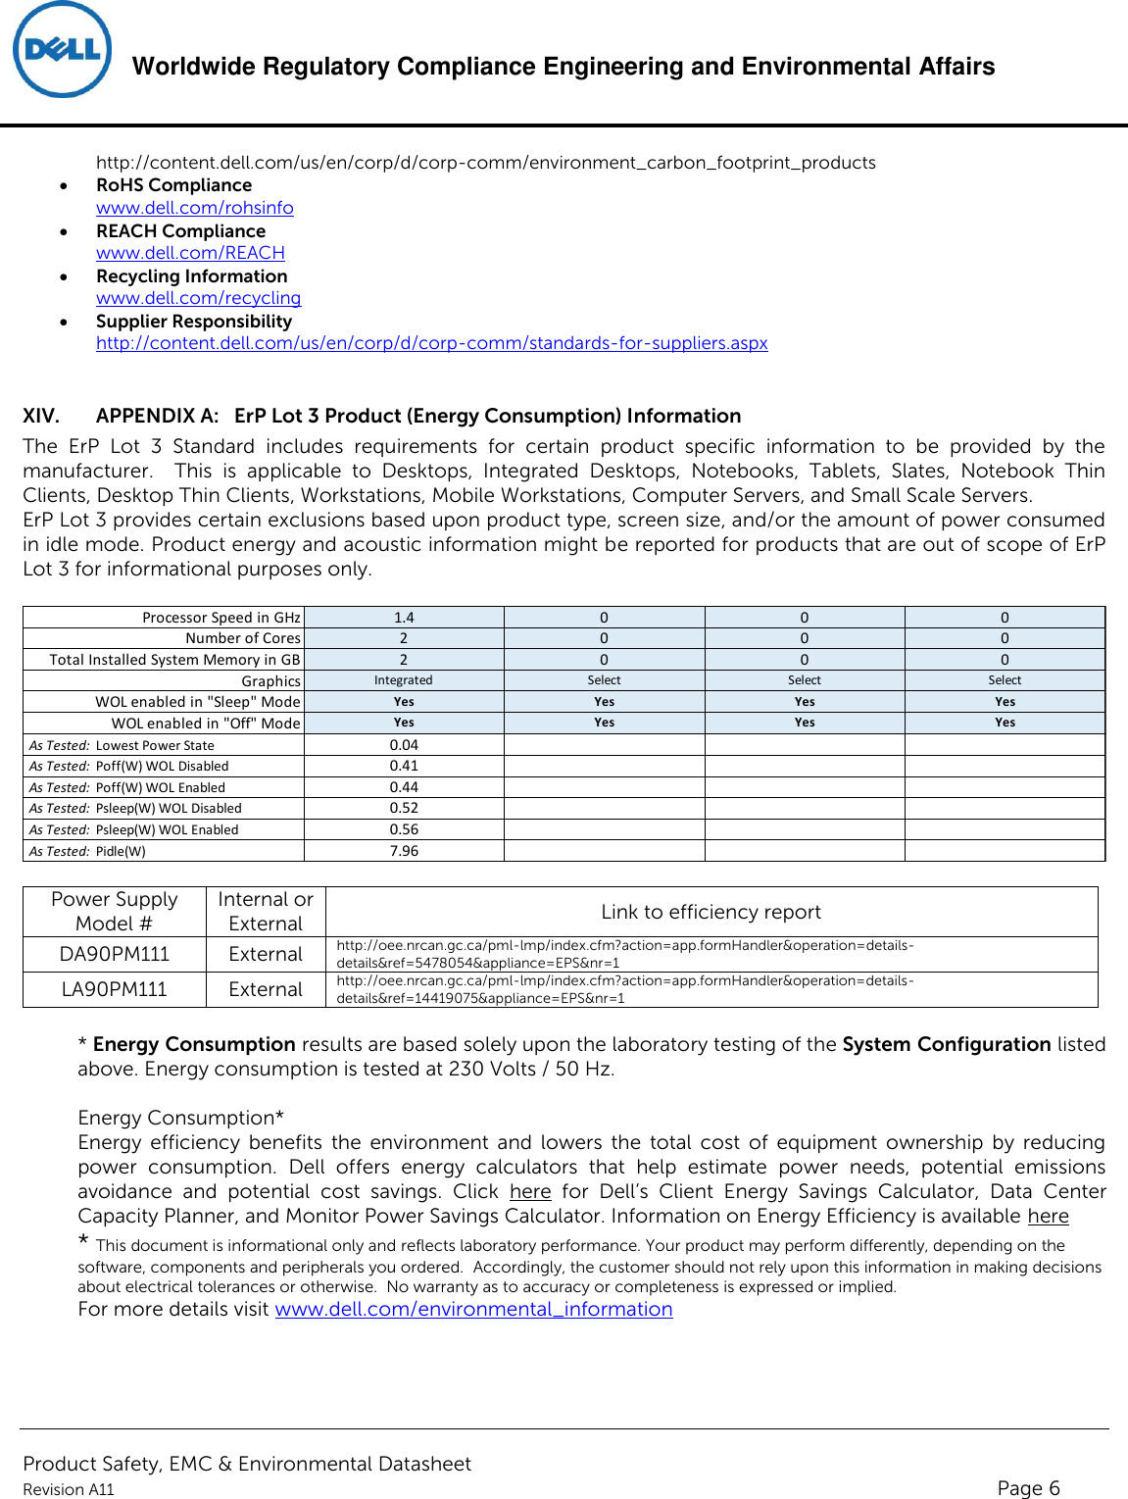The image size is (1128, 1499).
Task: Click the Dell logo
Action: [62, 50]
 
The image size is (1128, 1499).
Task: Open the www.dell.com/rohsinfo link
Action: [194, 208]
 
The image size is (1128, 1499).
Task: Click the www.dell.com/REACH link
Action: [190, 253]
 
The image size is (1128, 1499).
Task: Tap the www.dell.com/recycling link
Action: [198, 298]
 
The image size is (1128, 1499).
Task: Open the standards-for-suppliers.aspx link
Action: [431, 343]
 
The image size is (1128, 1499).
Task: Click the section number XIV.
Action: [41, 416]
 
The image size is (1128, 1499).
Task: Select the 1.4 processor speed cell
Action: [404, 618]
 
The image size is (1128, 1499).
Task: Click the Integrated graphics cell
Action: [403, 680]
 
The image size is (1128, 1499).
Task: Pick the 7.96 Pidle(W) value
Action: [404, 851]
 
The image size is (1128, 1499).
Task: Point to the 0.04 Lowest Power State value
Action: [404, 745]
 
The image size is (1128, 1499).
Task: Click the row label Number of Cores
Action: [243, 638]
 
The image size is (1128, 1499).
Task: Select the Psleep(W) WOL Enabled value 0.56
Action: [404, 829]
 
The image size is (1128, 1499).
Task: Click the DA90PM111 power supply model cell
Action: [114, 954]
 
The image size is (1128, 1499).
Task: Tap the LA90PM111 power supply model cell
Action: [114, 989]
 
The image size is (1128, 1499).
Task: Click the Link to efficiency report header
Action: [711, 912]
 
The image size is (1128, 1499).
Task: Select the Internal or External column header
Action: [266, 911]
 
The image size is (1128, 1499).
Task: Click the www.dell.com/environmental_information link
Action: [473, 1310]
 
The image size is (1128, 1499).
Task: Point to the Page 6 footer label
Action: [1028, 1488]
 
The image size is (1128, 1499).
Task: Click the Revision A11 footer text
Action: [69, 1489]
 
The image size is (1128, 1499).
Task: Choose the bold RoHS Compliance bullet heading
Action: [173, 185]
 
